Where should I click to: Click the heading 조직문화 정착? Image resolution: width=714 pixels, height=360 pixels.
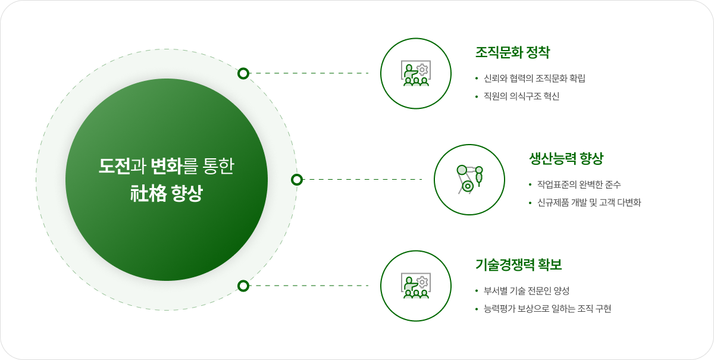click(512, 52)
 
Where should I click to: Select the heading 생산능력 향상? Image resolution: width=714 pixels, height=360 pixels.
click(566, 158)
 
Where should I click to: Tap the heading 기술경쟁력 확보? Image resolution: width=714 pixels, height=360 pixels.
click(519, 265)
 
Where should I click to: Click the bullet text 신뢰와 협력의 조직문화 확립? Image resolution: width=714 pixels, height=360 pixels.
click(535, 79)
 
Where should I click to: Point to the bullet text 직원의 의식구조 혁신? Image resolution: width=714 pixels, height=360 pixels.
click(522, 96)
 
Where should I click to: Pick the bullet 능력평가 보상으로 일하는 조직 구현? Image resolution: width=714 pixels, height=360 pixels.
click(548, 309)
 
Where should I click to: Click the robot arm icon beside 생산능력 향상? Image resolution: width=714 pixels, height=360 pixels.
click(469, 179)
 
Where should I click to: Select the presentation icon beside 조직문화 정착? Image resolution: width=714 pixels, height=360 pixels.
click(416, 73)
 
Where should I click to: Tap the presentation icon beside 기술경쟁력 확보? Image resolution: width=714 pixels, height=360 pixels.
click(416, 286)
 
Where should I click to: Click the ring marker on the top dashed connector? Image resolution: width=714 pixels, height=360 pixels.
click(243, 73)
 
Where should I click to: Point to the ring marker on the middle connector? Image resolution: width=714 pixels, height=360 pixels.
click(297, 179)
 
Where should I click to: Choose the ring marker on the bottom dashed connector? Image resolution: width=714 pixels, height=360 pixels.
click(243, 286)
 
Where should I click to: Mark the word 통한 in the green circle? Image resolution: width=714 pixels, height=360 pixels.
click(219, 166)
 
